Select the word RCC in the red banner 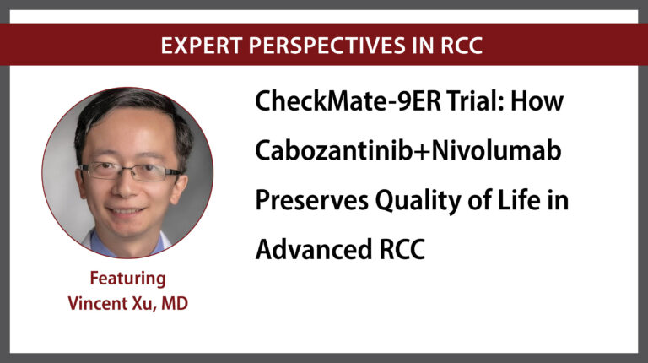coord(462,45)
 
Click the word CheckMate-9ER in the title coord(348,100)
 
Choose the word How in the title coord(537,100)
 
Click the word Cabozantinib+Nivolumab coord(408,150)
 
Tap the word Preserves coord(312,201)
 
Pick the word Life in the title coord(519,200)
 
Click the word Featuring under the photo coord(128,279)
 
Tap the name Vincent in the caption coord(98,303)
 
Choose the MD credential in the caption coord(175,303)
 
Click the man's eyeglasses coord(130,171)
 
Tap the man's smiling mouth coord(125,211)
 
